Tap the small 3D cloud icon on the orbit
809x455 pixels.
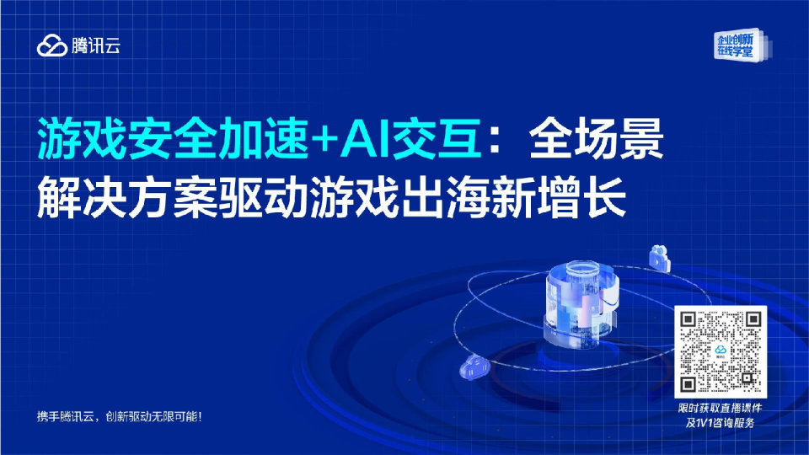click(x=477, y=368)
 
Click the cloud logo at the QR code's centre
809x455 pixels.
click(x=721, y=352)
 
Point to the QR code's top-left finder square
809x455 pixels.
click(x=691, y=322)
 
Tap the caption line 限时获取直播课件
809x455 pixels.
click(x=721, y=409)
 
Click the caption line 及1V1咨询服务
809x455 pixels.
click(x=721, y=424)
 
